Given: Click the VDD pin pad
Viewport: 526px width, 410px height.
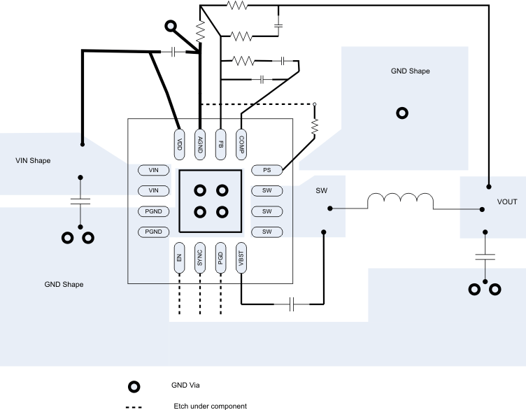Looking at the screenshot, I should tap(179, 145).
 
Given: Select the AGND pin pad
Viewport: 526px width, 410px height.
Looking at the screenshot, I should tap(200, 145).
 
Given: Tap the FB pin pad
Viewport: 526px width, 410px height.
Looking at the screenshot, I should tap(221, 145).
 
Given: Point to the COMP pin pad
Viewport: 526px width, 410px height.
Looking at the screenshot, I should tap(241, 145).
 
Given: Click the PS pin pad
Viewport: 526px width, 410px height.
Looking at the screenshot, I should tap(266, 169).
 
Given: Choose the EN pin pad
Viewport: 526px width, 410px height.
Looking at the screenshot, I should tap(179, 257).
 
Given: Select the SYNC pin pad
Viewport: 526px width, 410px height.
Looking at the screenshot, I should tap(200, 257).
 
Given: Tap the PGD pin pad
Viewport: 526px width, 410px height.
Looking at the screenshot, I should tap(221, 257).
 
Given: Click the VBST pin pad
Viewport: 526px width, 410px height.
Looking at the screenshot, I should tap(241, 257).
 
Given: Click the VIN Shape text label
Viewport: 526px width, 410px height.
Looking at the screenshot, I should tap(33, 161).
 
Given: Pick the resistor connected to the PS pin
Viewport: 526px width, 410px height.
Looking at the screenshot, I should tap(314, 126).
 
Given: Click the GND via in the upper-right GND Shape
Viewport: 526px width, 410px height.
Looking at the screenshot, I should tap(402, 113).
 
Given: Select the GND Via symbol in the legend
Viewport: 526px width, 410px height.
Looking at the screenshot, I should tap(133, 386).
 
